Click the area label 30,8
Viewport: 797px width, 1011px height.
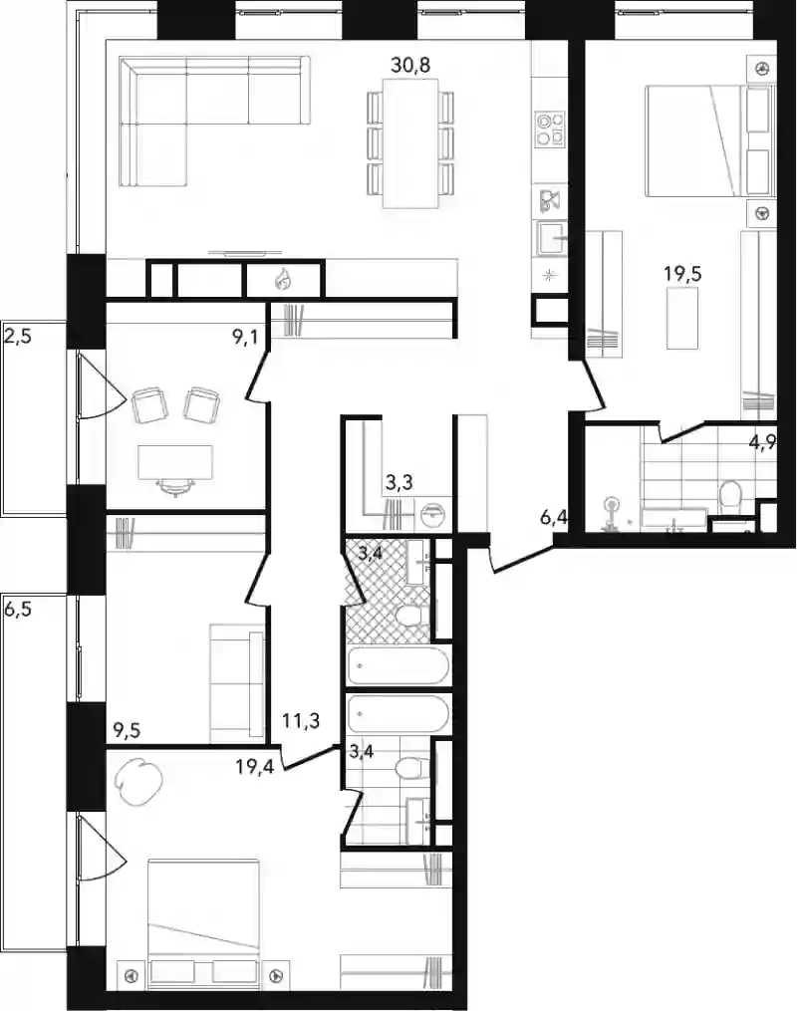[410, 65]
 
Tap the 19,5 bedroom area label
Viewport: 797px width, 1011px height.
[682, 274]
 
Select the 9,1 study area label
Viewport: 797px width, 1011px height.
[246, 338]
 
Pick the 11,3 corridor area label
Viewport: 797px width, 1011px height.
[301, 719]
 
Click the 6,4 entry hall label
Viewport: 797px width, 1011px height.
[554, 517]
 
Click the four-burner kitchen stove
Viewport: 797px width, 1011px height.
[549, 128]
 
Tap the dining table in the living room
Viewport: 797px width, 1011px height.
[410, 143]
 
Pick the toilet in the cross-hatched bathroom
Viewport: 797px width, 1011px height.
[408, 617]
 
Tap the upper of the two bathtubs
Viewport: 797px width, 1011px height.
[398, 666]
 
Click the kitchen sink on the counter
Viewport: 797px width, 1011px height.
[551, 239]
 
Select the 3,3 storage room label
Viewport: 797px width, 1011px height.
[399, 482]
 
